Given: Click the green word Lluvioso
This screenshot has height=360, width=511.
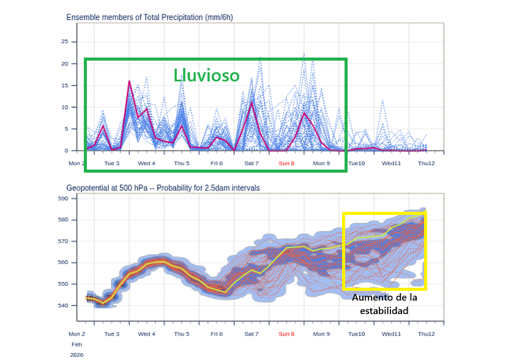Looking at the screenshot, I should (206, 75).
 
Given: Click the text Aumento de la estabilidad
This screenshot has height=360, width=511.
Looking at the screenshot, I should (384, 304).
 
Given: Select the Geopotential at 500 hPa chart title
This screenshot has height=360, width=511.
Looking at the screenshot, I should (163, 187).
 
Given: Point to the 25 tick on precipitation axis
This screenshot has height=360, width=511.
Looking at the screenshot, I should (64, 42).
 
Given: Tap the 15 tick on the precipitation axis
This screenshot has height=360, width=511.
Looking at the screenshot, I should (64, 85).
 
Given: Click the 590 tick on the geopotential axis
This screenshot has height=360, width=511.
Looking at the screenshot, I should (62, 198).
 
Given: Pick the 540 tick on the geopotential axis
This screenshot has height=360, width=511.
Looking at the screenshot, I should (62, 305).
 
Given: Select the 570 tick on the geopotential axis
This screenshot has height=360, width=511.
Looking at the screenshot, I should (62, 241).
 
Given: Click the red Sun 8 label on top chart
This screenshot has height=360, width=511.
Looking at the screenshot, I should (286, 163).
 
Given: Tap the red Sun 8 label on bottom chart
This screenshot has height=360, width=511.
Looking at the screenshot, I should (286, 334).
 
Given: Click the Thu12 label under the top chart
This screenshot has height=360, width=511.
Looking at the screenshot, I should (427, 163).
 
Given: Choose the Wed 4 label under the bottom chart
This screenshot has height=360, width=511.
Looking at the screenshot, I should (146, 334).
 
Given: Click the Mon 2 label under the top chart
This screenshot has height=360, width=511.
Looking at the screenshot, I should (76, 163).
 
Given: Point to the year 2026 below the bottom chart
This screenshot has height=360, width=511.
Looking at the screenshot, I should (76, 354).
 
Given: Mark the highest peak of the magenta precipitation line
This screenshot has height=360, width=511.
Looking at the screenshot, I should (129, 81).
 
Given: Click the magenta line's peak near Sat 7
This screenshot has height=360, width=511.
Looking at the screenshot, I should (252, 102).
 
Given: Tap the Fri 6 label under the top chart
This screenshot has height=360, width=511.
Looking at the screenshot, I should (216, 163).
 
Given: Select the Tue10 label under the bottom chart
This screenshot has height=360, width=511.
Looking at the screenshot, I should (357, 334).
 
